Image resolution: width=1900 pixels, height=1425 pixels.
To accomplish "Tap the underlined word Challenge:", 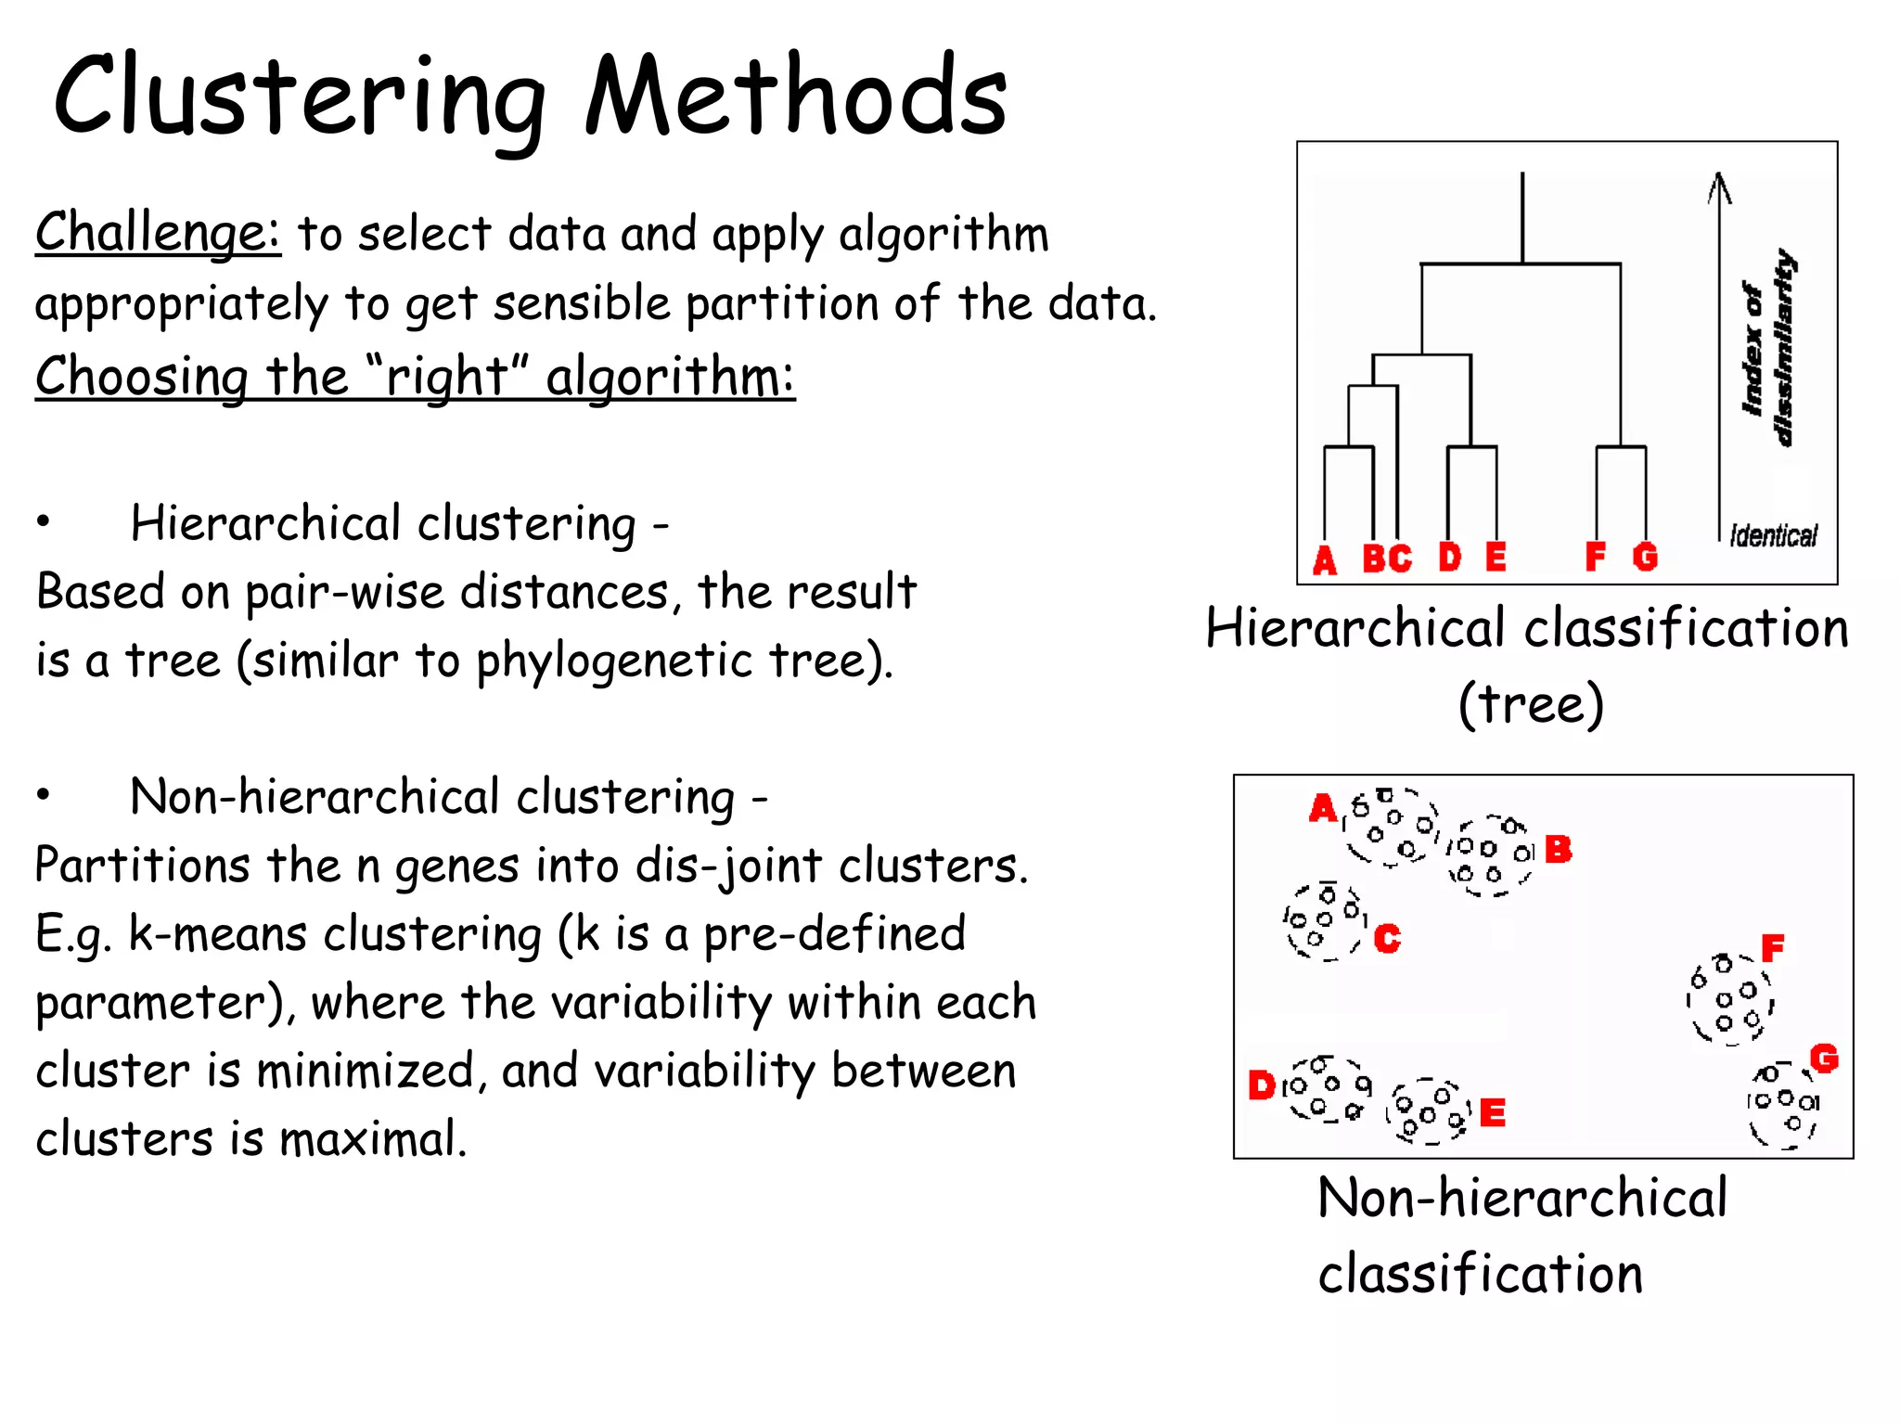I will click(158, 232).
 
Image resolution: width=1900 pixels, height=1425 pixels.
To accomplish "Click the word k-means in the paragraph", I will click(217, 934).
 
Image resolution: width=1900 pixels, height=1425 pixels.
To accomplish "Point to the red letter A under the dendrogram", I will click(1325, 559).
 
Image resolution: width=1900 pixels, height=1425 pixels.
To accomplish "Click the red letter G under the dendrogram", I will click(1645, 557).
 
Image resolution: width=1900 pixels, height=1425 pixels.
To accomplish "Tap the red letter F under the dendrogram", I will click(1595, 557).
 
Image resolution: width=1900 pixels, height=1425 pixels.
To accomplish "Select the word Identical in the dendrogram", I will click(1773, 536).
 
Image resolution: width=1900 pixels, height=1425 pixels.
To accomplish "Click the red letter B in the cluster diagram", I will click(1558, 849).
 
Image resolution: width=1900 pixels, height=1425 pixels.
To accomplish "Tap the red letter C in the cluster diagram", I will click(1387, 939).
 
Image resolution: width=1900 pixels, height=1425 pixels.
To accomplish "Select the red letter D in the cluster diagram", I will click(1262, 1085).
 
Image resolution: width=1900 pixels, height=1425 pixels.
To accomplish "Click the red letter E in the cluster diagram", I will click(1493, 1112).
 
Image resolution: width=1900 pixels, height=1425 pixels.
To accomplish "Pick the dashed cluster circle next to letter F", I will click(1730, 999).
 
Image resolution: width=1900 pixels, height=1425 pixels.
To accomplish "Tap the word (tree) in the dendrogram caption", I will click(1531, 703).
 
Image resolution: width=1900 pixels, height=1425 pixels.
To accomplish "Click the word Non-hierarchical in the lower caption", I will click(1521, 1198).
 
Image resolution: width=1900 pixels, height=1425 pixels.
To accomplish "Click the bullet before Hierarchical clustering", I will click(43, 521).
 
